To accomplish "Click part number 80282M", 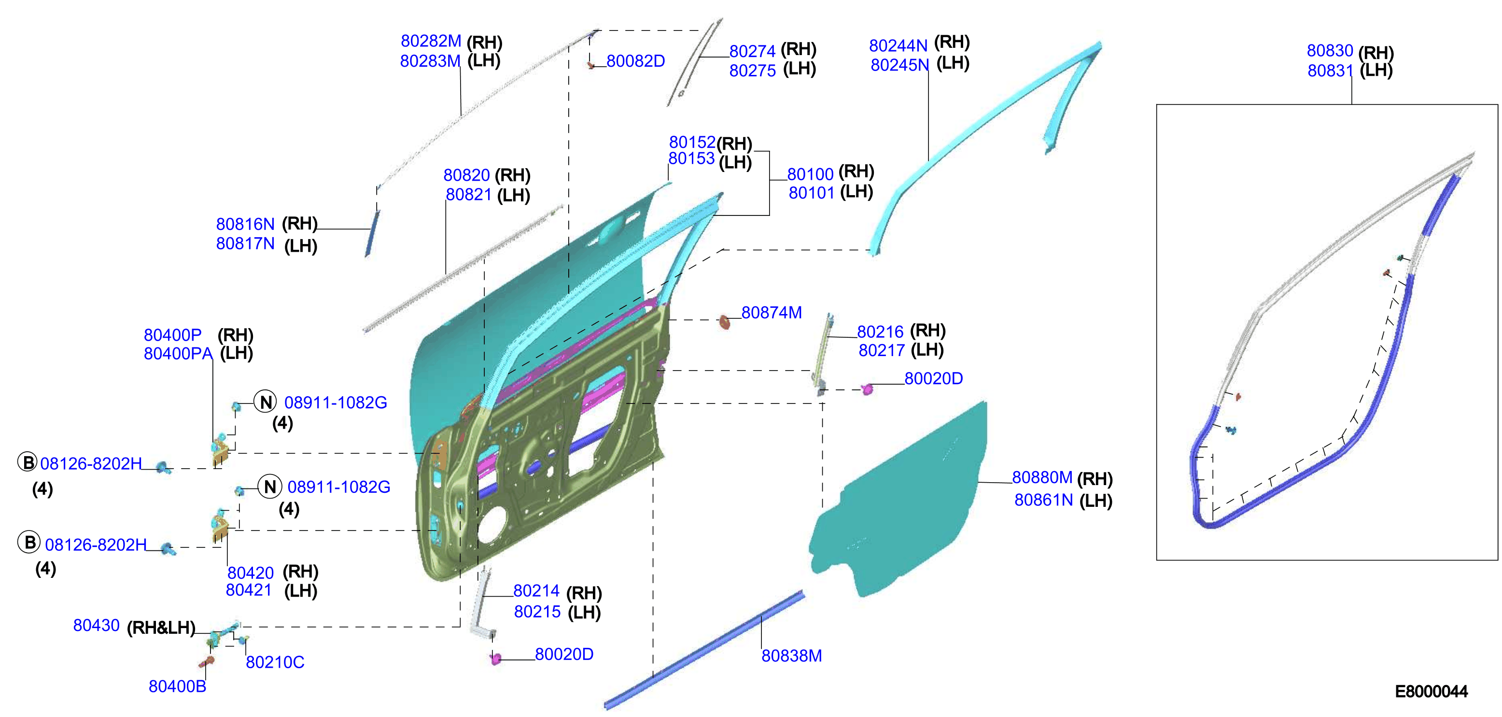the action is (431, 41).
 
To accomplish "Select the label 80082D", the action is (635, 61).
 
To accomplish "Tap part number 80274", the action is (752, 51).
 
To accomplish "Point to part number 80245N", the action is (899, 65).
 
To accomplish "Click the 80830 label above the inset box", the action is (1330, 51).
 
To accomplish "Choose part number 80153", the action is (691, 158).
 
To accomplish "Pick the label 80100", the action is (811, 174).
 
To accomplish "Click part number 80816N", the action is (245, 224).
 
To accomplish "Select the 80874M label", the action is (772, 313).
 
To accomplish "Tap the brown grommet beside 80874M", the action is (725, 322).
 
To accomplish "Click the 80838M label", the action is (792, 656).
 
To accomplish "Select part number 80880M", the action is (1042, 477).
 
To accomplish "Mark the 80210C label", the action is (275, 662).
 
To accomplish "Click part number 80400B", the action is (177, 686).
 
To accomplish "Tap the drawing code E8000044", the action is (1432, 691).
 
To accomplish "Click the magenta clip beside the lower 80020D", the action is (496, 659).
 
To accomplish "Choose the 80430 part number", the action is (96, 625).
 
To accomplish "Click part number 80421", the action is (249, 590).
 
